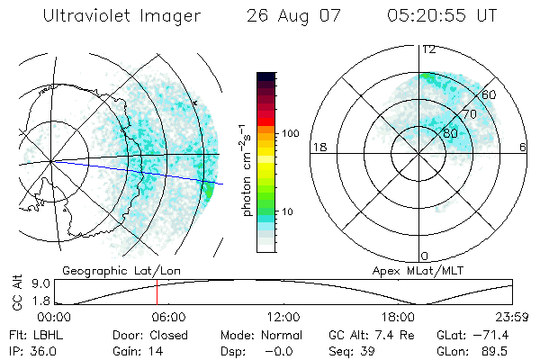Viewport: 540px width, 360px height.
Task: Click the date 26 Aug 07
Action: pos(283,16)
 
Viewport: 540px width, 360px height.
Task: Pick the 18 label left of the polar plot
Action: pos(319,147)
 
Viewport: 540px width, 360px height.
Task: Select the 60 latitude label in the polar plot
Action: pos(490,94)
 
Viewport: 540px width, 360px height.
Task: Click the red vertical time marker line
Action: pos(157,292)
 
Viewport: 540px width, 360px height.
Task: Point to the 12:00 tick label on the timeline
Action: pos(283,317)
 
